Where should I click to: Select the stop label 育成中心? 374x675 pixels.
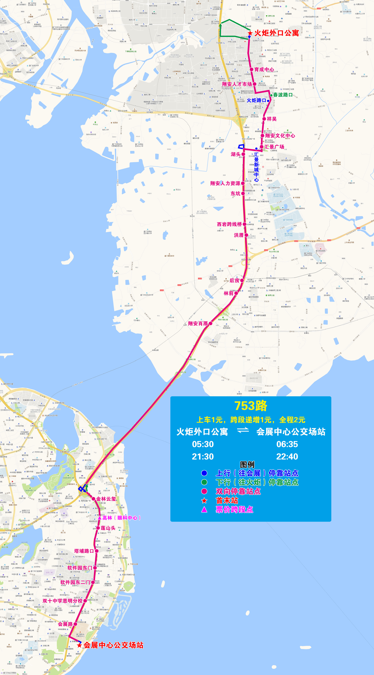(264, 69)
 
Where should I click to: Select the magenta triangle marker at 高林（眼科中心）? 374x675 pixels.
(100, 518)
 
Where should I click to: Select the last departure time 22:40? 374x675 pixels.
(287, 456)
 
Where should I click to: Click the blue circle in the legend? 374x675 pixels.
(204, 473)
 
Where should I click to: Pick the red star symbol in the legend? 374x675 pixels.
(204, 501)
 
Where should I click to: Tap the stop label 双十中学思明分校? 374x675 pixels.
(62, 601)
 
